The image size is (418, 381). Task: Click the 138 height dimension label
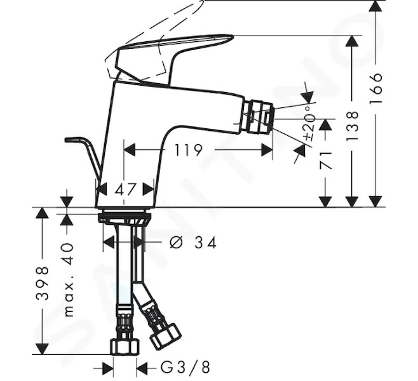tap(352, 126)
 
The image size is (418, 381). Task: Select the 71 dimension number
tap(326, 161)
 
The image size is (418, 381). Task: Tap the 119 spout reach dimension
tap(188, 150)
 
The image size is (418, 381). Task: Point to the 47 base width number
tap(126, 189)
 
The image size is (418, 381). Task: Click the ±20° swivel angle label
tap(309, 123)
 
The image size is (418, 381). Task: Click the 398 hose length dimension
tap(42, 283)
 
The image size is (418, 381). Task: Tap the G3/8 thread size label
tap(185, 367)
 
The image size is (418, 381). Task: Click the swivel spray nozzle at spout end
tap(259, 117)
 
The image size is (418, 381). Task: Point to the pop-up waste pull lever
tap(83, 157)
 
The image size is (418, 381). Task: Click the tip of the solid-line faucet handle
tap(233, 36)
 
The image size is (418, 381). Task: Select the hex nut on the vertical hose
tap(125, 347)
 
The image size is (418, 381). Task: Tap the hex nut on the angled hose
tap(165, 337)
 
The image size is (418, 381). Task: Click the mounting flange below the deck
tap(125, 217)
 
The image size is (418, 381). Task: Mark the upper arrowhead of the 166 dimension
tap(375, 6)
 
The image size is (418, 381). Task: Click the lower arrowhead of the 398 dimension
tap(42, 349)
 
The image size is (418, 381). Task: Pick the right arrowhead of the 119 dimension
tap(267, 150)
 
